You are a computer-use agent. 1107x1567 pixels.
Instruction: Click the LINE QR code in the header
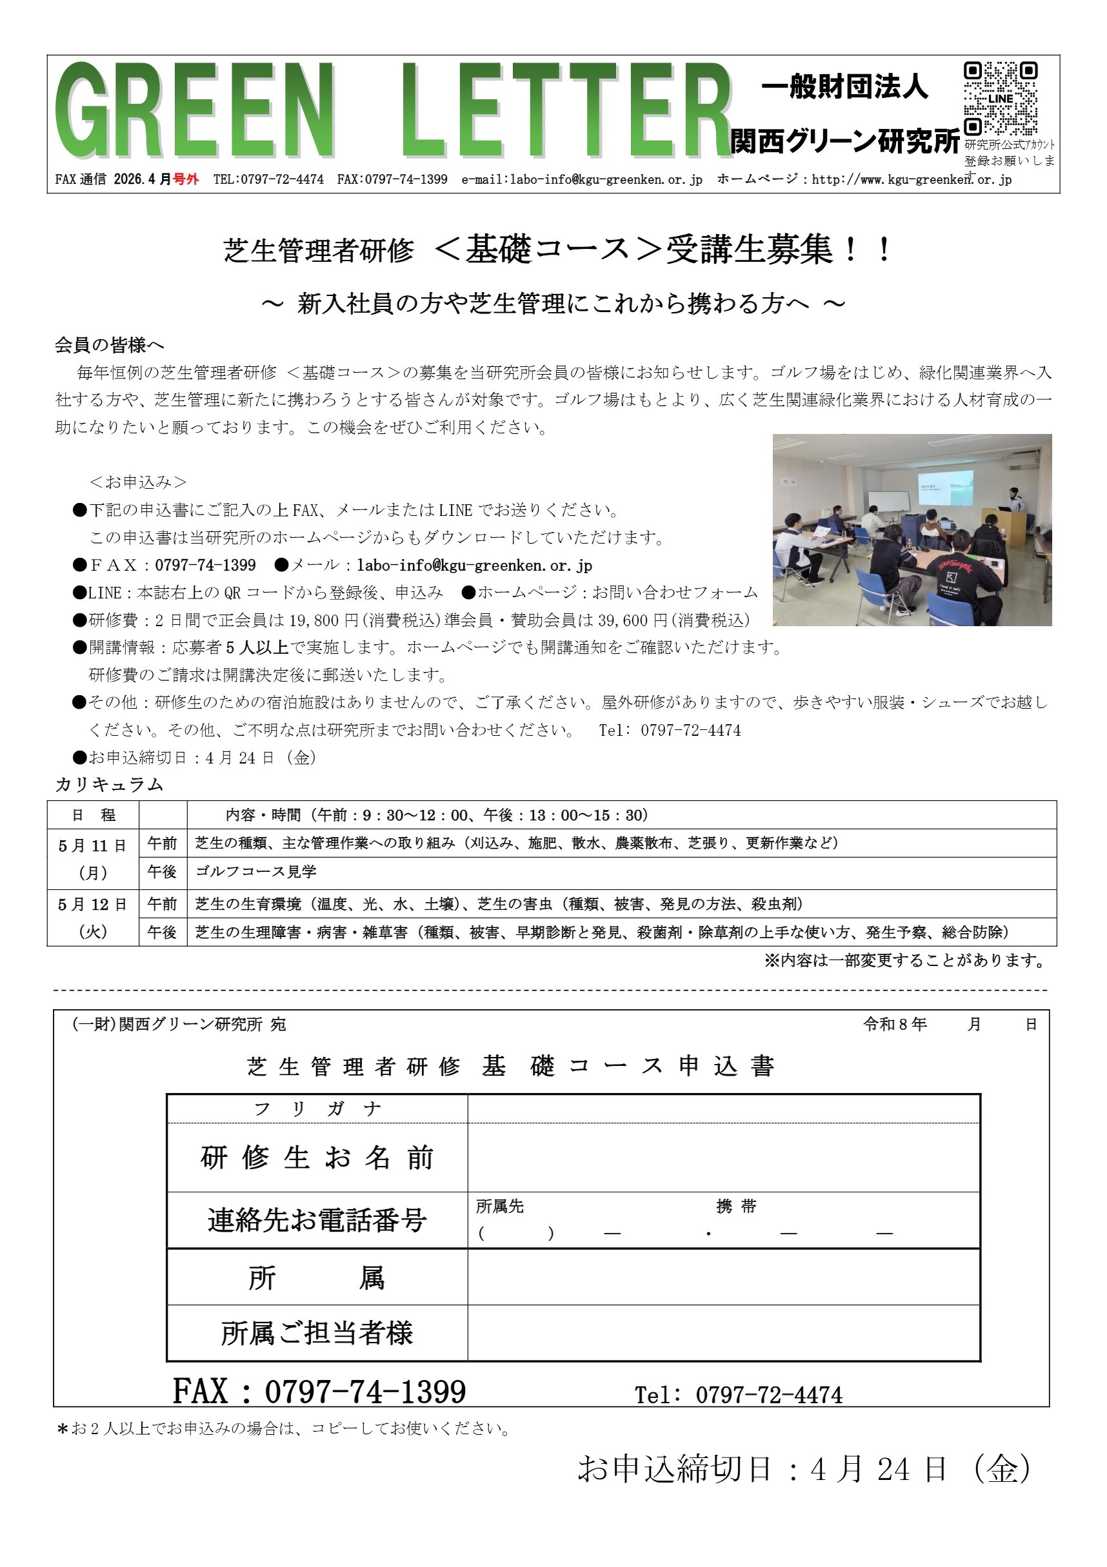point(1001,99)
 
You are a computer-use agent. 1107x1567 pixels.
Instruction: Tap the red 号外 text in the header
point(186,179)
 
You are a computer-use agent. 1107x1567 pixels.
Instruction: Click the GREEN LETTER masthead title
point(393,110)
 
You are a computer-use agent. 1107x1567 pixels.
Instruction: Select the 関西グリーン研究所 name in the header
point(844,141)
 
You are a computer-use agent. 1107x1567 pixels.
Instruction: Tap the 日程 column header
point(93,814)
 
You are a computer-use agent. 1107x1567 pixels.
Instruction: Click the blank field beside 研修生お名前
point(723,1158)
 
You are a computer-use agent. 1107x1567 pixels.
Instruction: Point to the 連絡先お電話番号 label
point(317,1220)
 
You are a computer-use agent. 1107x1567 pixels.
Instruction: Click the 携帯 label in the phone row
point(736,1207)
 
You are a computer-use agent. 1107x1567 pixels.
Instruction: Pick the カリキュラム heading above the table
point(109,785)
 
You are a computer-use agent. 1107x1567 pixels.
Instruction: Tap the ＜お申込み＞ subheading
point(138,482)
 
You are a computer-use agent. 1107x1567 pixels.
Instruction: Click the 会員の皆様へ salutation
point(109,346)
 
